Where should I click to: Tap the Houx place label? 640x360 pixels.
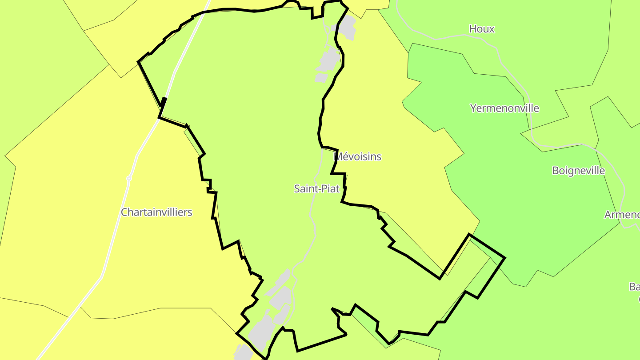pos(482,29)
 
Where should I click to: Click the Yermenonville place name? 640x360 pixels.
pos(504,108)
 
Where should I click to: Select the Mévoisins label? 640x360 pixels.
pos(358,156)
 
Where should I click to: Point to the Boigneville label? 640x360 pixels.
pos(578,171)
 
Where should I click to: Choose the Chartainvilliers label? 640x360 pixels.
pos(156,212)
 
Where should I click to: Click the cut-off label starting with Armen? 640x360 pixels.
pos(622,215)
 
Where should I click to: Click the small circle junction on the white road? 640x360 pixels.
pos(129,178)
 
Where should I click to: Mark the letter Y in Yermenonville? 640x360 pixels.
pos(473,108)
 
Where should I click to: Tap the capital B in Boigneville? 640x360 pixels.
pos(556,171)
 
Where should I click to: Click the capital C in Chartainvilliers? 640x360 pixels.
pos(124,212)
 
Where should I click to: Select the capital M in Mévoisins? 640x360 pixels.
pos(338,156)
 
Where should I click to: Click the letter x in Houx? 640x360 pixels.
pos(492,29)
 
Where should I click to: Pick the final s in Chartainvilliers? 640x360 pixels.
pos(190,212)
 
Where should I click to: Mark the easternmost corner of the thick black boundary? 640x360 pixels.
pos(505,257)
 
